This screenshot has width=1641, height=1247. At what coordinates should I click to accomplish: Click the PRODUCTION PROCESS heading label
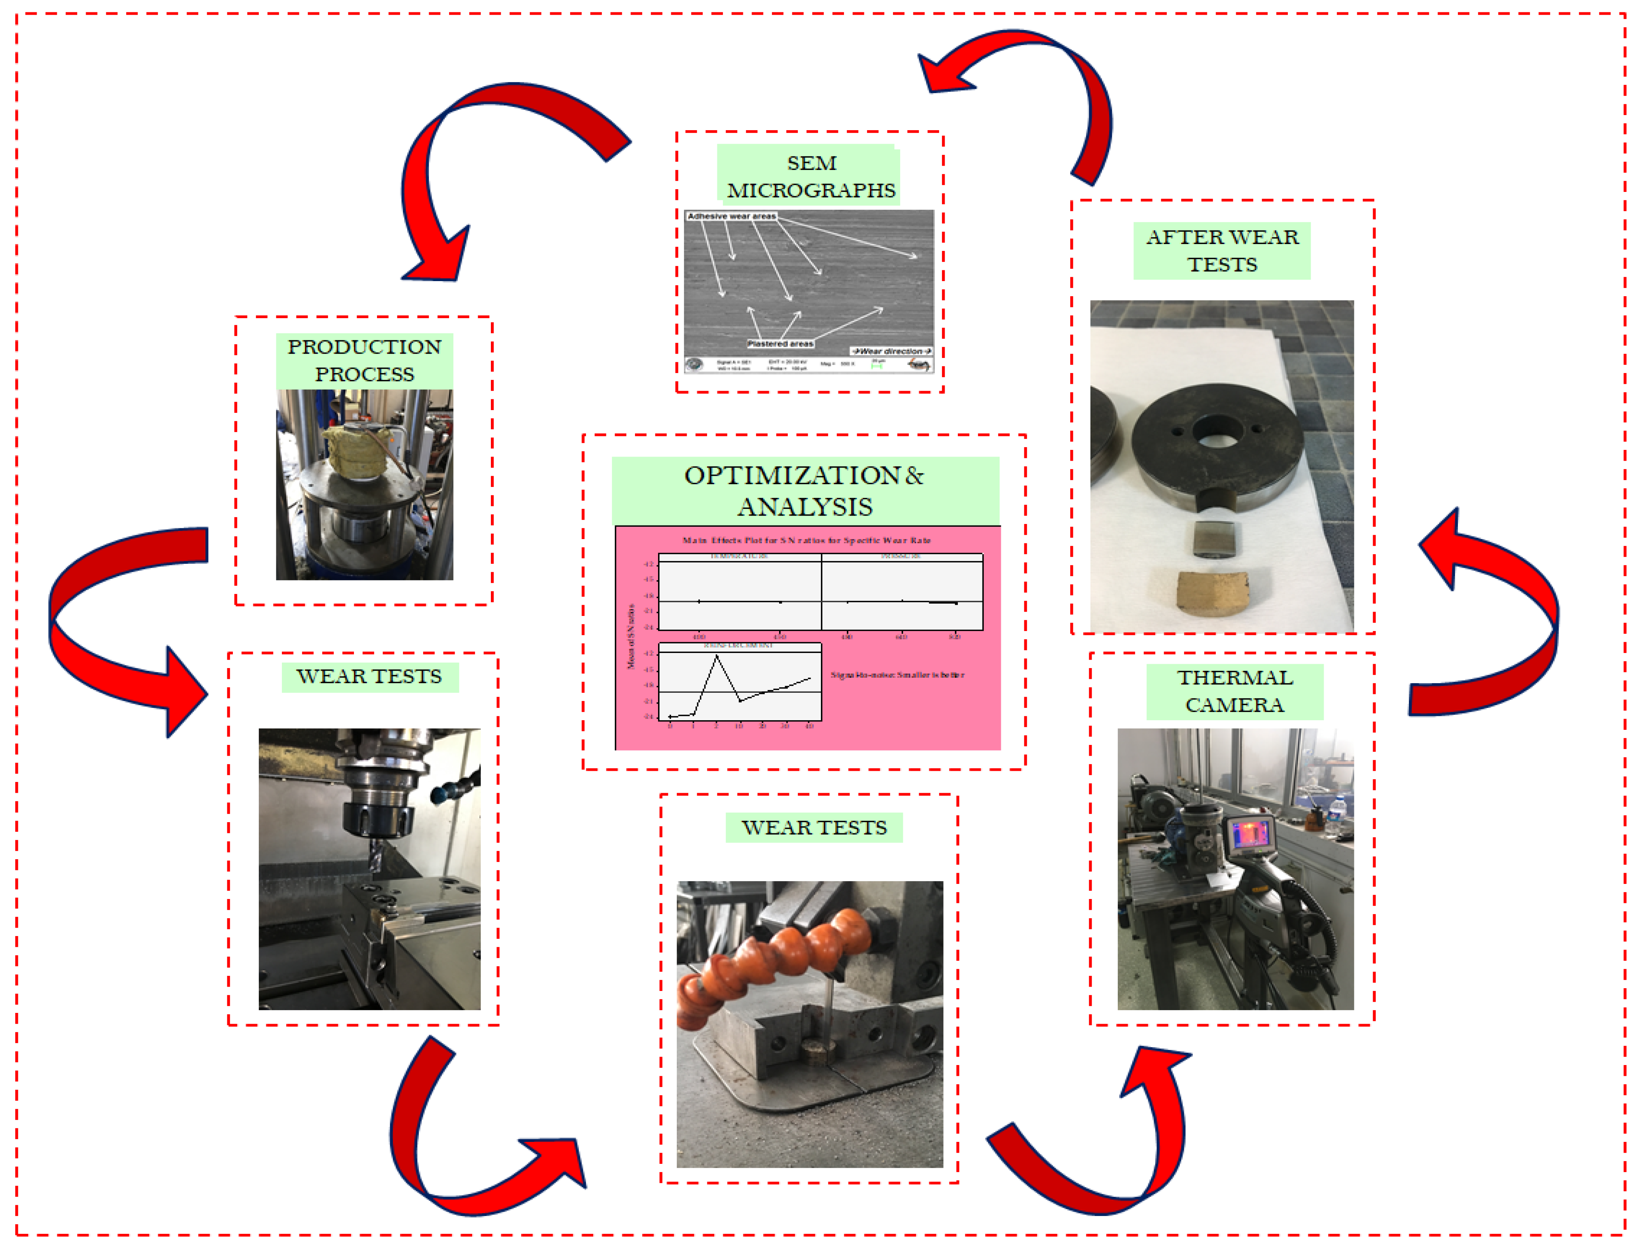[364, 360]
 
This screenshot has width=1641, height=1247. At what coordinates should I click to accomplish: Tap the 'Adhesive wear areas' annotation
[731, 216]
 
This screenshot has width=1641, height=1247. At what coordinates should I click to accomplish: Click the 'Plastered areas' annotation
[780, 344]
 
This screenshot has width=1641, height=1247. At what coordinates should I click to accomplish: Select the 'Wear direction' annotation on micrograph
[891, 351]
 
